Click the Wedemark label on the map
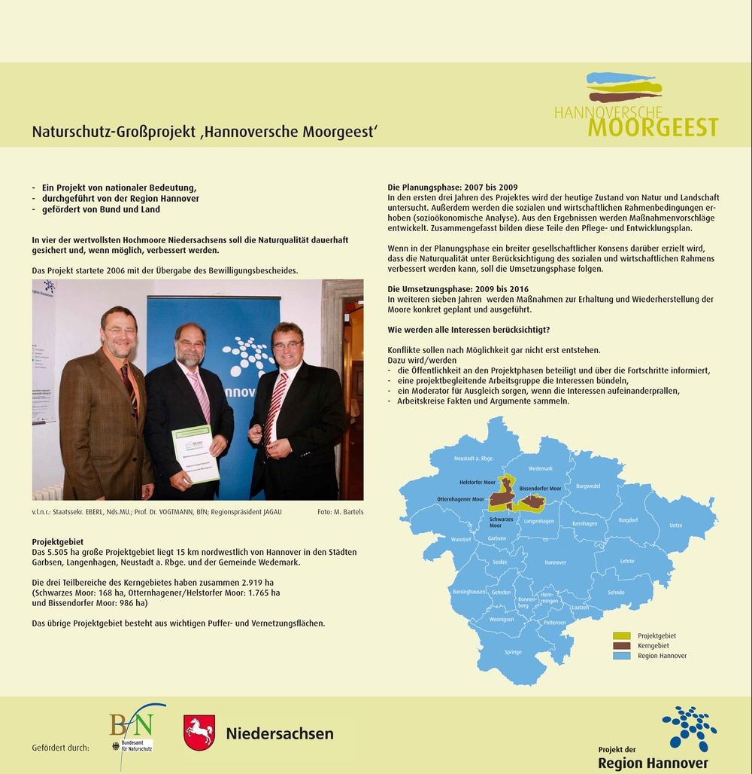[540, 468]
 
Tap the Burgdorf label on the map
[628, 520]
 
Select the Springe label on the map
[513, 652]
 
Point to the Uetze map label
[675, 525]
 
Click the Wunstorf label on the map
[460, 539]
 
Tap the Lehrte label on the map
[627, 561]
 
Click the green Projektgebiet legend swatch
[621, 636]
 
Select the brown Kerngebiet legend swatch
[621, 646]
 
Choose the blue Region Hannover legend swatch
[621, 656]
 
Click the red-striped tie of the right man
[274, 407]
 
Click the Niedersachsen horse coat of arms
[199, 733]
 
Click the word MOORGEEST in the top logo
[653, 128]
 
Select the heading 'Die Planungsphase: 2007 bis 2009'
[453, 187]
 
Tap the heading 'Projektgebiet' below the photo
[57, 541]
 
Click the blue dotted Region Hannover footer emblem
[689, 727]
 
